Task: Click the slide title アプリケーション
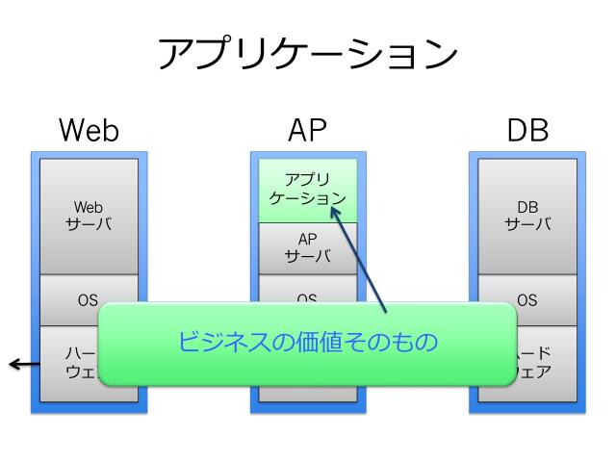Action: pos(308,55)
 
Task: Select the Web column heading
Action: pos(89,131)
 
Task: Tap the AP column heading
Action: pos(308,131)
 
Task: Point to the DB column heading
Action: pos(527,131)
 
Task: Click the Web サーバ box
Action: pos(89,216)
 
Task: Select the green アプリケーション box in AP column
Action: pos(308,190)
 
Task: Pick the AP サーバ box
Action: pos(308,248)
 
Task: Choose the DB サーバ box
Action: pos(527,216)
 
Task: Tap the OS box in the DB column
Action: pos(527,299)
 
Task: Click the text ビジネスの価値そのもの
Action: pos(308,342)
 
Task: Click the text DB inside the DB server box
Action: pos(527,207)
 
